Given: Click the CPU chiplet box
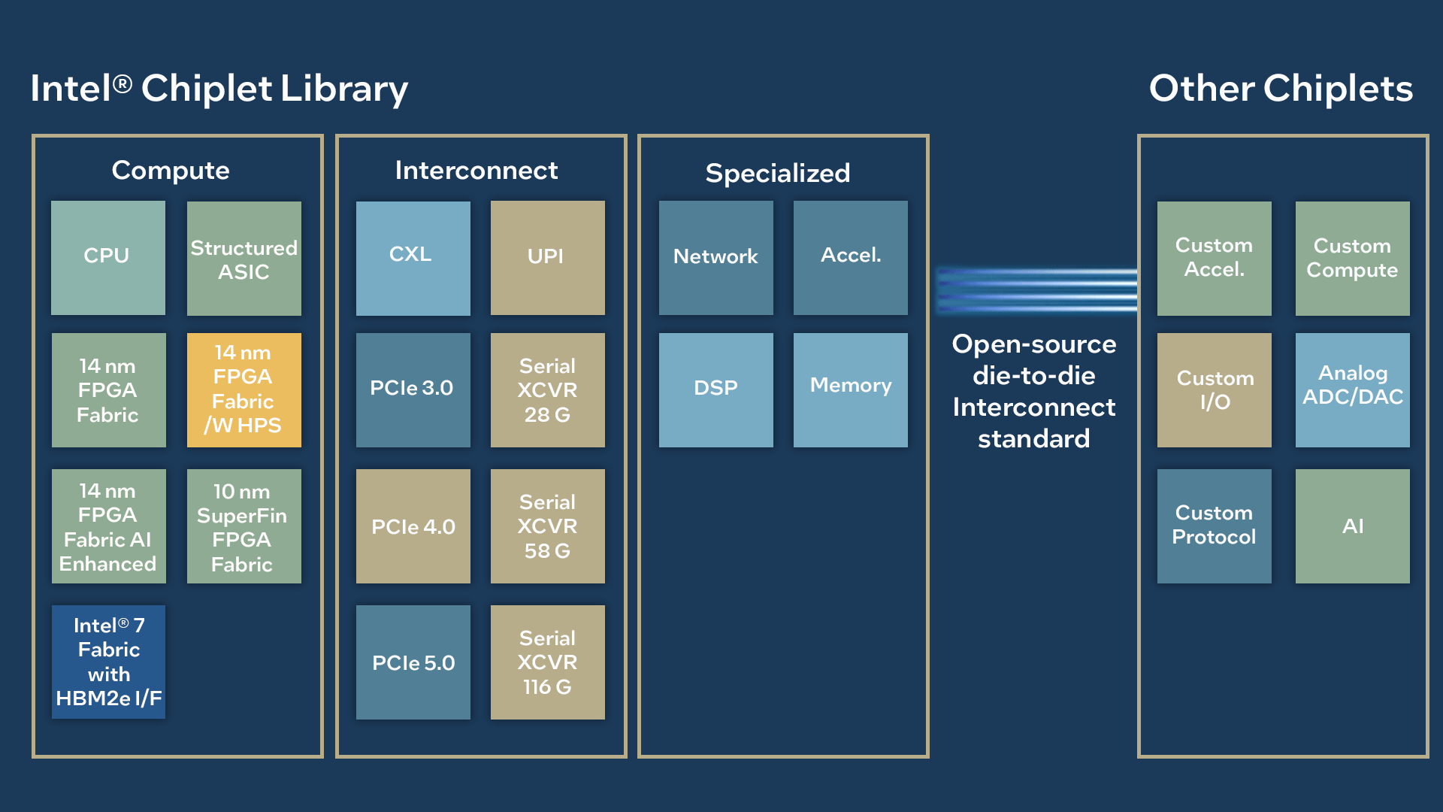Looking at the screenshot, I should coord(108,258).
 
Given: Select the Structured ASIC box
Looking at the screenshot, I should coord(244,258).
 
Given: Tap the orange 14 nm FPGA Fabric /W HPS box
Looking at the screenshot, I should coord(244,390).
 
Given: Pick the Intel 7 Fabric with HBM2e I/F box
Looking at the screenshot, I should coord(108,662).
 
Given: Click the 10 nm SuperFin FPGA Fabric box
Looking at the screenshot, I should coord(244,526).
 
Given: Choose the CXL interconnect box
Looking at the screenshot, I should coord(413,258).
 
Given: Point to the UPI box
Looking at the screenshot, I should coord(547,258).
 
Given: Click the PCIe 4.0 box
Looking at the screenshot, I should coord(413,526).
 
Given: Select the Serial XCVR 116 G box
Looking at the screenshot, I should coord(547,662).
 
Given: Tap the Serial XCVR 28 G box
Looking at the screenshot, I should coord(547,390).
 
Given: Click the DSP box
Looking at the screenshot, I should coord(715,390).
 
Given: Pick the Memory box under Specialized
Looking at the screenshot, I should coord(850,390).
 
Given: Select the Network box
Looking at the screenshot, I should coord(715,258).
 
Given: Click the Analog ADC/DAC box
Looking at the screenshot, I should coord(1352,390).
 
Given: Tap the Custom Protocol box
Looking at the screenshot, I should coord(1214,526).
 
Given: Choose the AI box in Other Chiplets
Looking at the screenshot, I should coord(1352,526).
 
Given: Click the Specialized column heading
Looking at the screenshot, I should coord(777,174).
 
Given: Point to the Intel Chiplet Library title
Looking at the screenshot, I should coord(219,89).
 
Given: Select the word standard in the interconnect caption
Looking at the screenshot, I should coord(1033,438).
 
